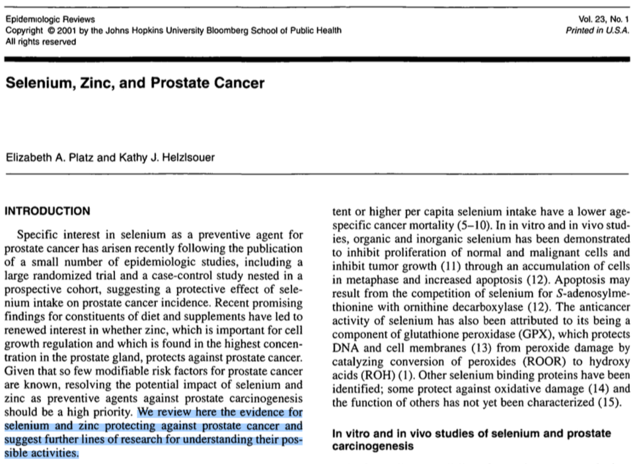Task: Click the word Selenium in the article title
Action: pyautogui.click(x=37, y=83)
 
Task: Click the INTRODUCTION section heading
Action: pyautogui.click(x=47, y=211)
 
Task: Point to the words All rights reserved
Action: pyautogui.click(x=40, y=42)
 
